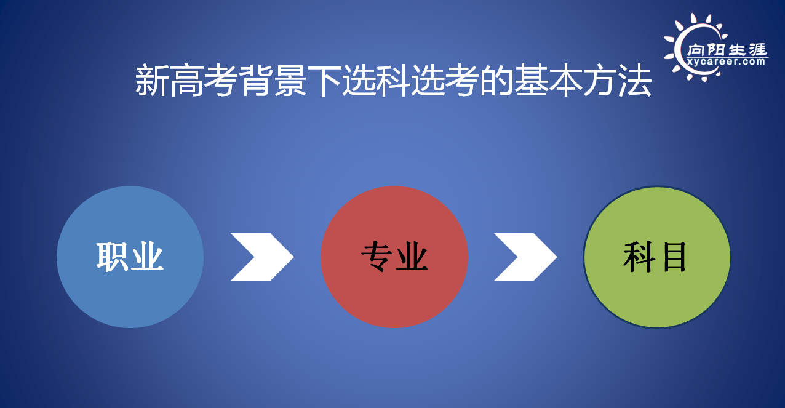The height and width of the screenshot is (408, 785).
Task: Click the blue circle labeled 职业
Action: pos(130,257)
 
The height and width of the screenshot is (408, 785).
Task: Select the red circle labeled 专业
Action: pos(394,257)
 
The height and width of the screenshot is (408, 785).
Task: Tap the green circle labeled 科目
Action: pos(657,257)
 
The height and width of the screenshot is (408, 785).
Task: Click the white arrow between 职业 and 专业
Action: pos(262,257)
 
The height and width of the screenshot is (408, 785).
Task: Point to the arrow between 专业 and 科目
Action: pos(525,257)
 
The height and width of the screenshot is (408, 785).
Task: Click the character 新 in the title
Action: pos(151,80)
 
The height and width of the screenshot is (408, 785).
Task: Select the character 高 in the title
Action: pos(186,80)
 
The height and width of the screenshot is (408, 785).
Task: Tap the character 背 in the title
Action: pos(255,80)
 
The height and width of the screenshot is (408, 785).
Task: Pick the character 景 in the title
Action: pos(290,80)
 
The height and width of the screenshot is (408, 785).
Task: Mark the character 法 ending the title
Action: pos(635,80)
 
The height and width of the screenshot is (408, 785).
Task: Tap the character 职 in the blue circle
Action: pos(112,257)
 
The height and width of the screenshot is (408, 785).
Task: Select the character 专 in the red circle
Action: pos(377,257)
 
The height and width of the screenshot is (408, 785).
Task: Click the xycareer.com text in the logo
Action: pos(726,62)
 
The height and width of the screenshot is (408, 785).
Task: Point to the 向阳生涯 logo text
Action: pos(727,50)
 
